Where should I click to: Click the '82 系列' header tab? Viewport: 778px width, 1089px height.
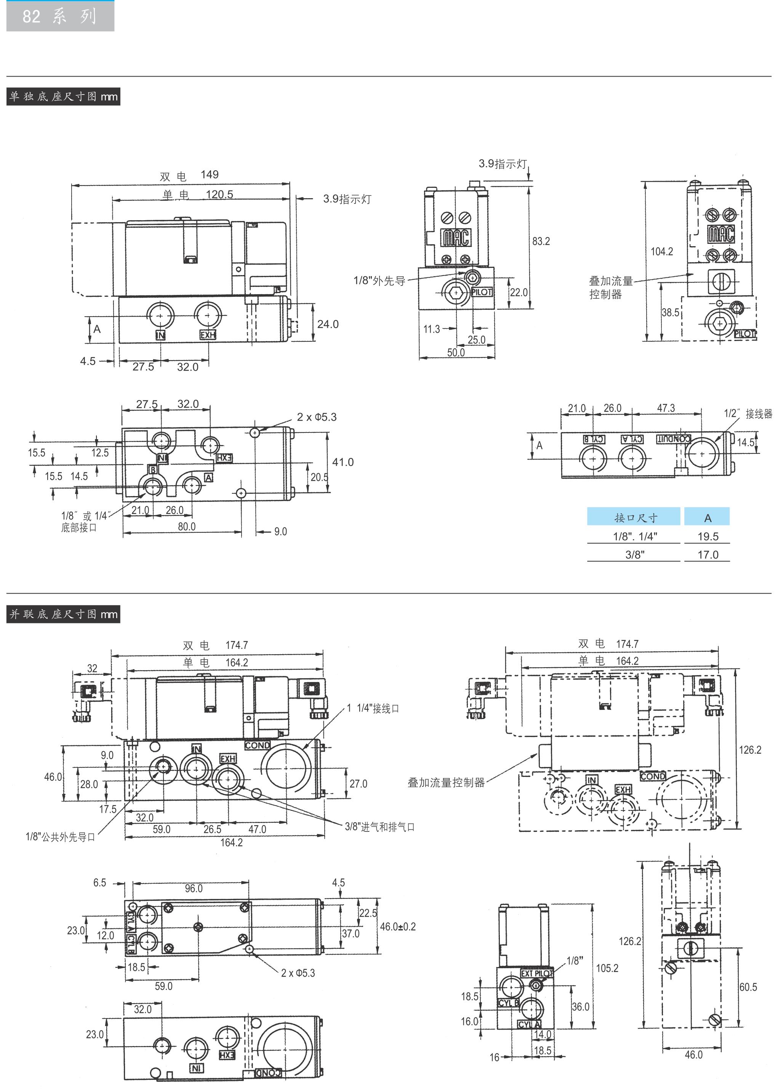(60, 16)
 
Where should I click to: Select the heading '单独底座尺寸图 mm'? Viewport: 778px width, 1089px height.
(63, 96)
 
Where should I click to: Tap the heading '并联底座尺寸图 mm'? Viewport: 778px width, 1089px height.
(63, 614)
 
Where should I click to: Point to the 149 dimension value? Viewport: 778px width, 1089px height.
(209, 175)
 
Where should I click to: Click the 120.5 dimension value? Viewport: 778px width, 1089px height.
(219, 194)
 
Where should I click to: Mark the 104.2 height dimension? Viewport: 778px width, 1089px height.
(661, 251)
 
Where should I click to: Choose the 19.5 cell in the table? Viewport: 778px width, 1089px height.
(708, 536)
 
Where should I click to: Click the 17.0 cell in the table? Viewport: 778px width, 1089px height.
(708, 555)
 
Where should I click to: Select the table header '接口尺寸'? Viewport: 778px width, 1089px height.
(635, 518)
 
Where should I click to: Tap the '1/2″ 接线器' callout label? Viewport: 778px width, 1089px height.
(748, 413)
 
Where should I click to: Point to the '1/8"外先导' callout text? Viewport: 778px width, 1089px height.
(379, 281)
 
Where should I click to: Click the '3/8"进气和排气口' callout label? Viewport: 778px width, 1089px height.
(379, 826)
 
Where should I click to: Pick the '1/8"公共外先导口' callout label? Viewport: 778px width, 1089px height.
(60, 836)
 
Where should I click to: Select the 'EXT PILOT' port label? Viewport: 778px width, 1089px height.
(536, 974)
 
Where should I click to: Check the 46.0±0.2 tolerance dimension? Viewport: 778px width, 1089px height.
(398, 927)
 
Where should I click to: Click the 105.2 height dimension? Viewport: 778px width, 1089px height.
(607, 968)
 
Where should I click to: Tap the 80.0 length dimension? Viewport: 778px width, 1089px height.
(186, 527)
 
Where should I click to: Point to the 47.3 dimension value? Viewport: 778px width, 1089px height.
(666, 408)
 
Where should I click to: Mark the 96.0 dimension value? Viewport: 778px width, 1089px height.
(194, 889)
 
